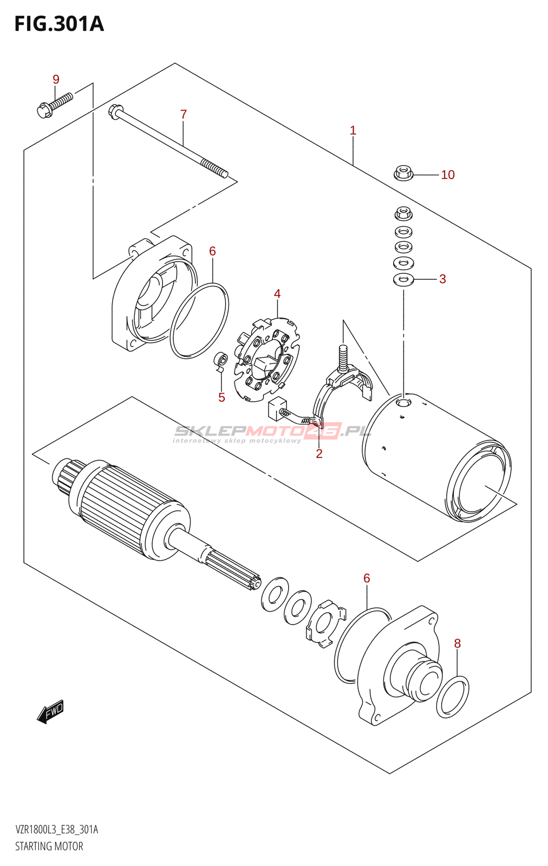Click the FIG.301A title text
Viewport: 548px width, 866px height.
pyautogui.click(x=59, y=24)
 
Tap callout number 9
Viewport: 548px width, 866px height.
pyautogui.click(x=56, y=80)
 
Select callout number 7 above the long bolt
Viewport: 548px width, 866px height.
pyautogui.click(x=184, y=114)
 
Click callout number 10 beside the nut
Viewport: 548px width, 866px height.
pyautogui.click(x=448, y=175)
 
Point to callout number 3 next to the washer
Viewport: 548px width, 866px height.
pyautogui.click(x=442, y=279)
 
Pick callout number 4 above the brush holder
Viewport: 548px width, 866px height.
pyautogui.click(x=277, y=294)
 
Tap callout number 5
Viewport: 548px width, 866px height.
pyautogui.click(x=221, y=397)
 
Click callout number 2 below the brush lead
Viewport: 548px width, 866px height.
pyautogui.click(x=319, y=454)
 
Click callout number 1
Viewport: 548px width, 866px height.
pyautogui.click(x=353, y=130)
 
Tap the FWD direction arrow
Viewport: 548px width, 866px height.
pyautogui.click(x=50, y=712)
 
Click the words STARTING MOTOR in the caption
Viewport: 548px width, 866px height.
pyautogui.click(x=49, y=847)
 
